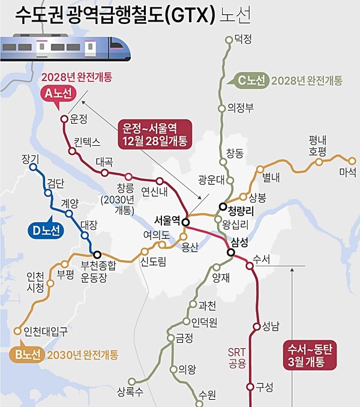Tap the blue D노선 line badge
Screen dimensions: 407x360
click(x=46, y=230)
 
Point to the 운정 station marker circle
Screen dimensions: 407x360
click(x=64, y=118)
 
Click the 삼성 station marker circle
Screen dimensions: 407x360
click(x=231, y=253)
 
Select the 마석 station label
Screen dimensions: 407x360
click(x=347, y=172)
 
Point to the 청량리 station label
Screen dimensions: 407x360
click(x=242, y=210)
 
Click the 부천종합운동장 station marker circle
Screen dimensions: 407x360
click(x=96, y=255)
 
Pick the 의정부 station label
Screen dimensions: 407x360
click(x=241, y=108)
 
